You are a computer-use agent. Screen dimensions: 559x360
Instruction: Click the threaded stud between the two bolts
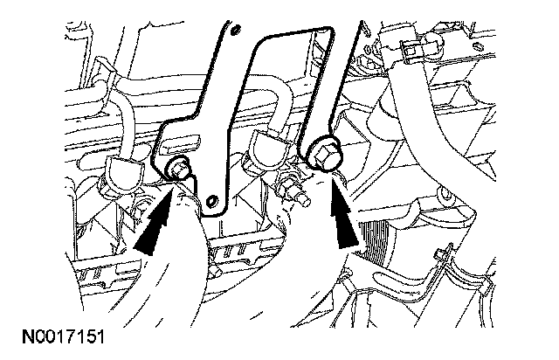293,188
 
